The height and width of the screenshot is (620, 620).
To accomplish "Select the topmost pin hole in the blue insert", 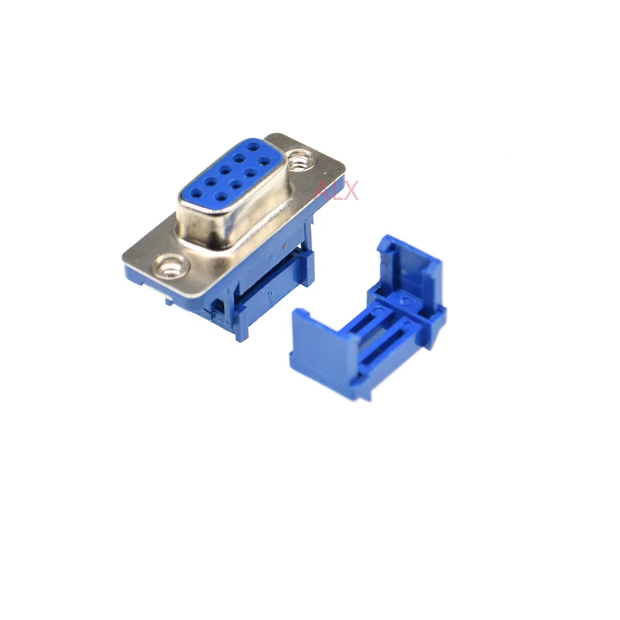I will click(x=254, y=145).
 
